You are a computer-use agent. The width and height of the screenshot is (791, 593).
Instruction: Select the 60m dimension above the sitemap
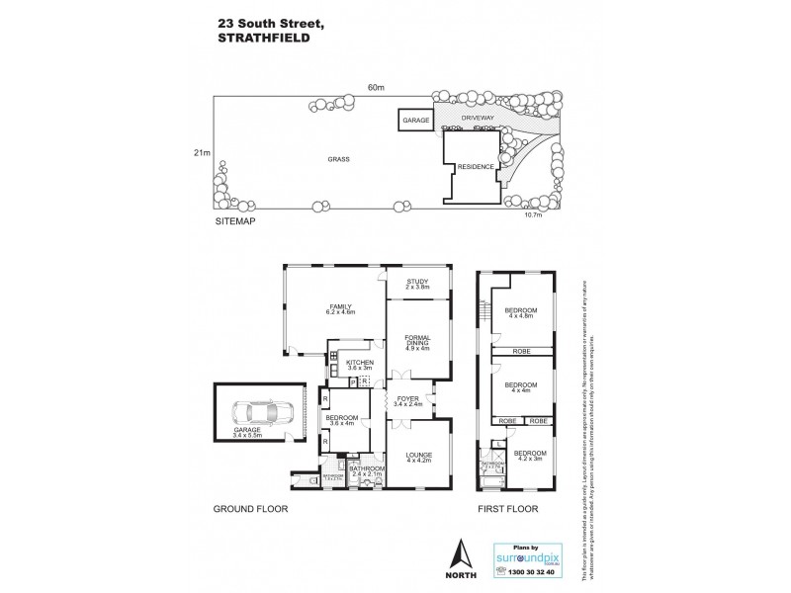point(375,86)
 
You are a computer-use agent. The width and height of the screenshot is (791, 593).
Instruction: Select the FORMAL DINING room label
point(416,343)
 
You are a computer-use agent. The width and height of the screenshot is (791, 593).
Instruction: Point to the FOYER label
point(407,399)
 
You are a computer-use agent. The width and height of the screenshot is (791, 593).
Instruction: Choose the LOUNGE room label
point(417,455)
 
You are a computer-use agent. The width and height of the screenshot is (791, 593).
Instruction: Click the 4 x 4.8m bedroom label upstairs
point(520,313)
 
